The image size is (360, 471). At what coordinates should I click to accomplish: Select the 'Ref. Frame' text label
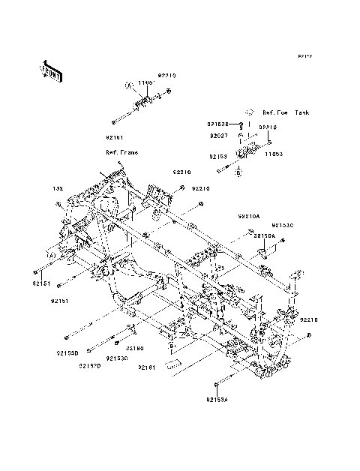[x=121, y=151]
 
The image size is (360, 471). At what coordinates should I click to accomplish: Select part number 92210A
[x=248, y=215]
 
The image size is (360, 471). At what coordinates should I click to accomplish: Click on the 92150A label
[x=265, y=235]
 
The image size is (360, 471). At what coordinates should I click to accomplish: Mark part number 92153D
[x=68, y=351]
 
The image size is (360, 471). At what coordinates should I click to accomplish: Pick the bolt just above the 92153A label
[x=215, y=385]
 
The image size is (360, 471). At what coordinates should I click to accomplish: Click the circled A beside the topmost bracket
[x=128, y=84]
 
